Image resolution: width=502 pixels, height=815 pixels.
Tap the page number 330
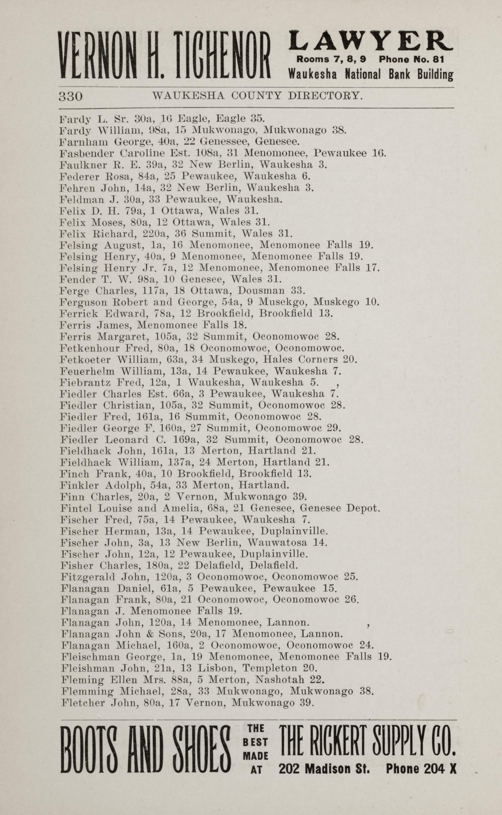tap(71, 97)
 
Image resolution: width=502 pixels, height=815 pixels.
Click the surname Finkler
tap(80, 486)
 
